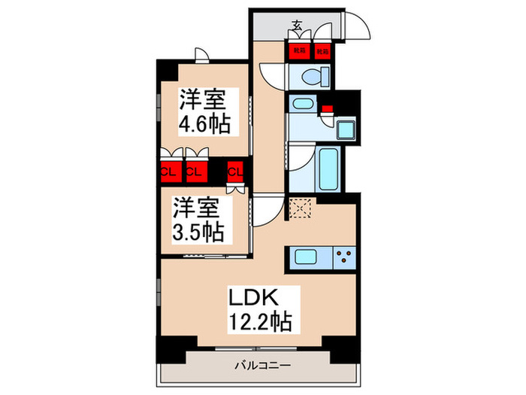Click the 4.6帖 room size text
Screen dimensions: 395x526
pyautogui.click(x=203, y=123)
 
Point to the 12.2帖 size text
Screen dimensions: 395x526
pyautogui.click(x=261, y=324)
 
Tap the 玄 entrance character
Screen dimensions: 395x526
pyautogui.click(x=297, y=27)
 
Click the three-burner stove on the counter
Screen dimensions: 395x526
pyautogui.click(x=346, y=257)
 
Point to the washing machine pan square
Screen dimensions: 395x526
pyautogui.click(x=347, y=130)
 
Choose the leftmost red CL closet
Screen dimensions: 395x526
pyautogui.click(x=168, y=172)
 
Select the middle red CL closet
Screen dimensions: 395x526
pyautogui.click(x=195, y=172)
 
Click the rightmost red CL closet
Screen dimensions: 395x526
pyautogui.click(x=235, y=172)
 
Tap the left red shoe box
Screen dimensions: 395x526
pyautogui.click(x=299, y=51)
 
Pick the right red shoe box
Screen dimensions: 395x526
pyautogui.click(x=322, y=51)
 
